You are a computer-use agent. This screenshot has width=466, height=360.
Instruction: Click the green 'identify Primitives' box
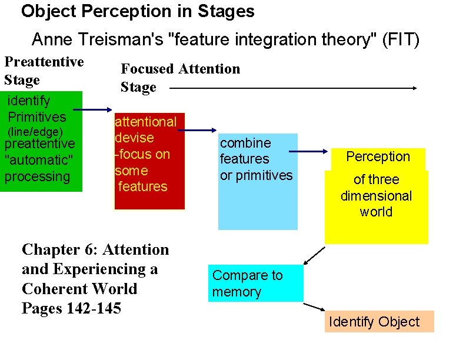click(41, 141)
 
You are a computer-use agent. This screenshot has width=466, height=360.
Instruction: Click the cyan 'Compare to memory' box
click(255, 284)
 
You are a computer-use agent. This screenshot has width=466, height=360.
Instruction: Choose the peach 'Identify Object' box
click(379, 322)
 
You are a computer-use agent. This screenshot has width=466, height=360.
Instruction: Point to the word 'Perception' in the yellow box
click(378, 156)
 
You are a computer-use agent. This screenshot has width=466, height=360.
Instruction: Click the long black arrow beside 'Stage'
click(293, 88)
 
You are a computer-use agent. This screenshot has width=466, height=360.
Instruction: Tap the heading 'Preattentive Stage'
click(44, 71)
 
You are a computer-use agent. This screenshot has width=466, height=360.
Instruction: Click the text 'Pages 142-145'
click(71, 308)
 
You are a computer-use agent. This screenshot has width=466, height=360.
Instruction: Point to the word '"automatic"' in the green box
click(39, 160)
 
